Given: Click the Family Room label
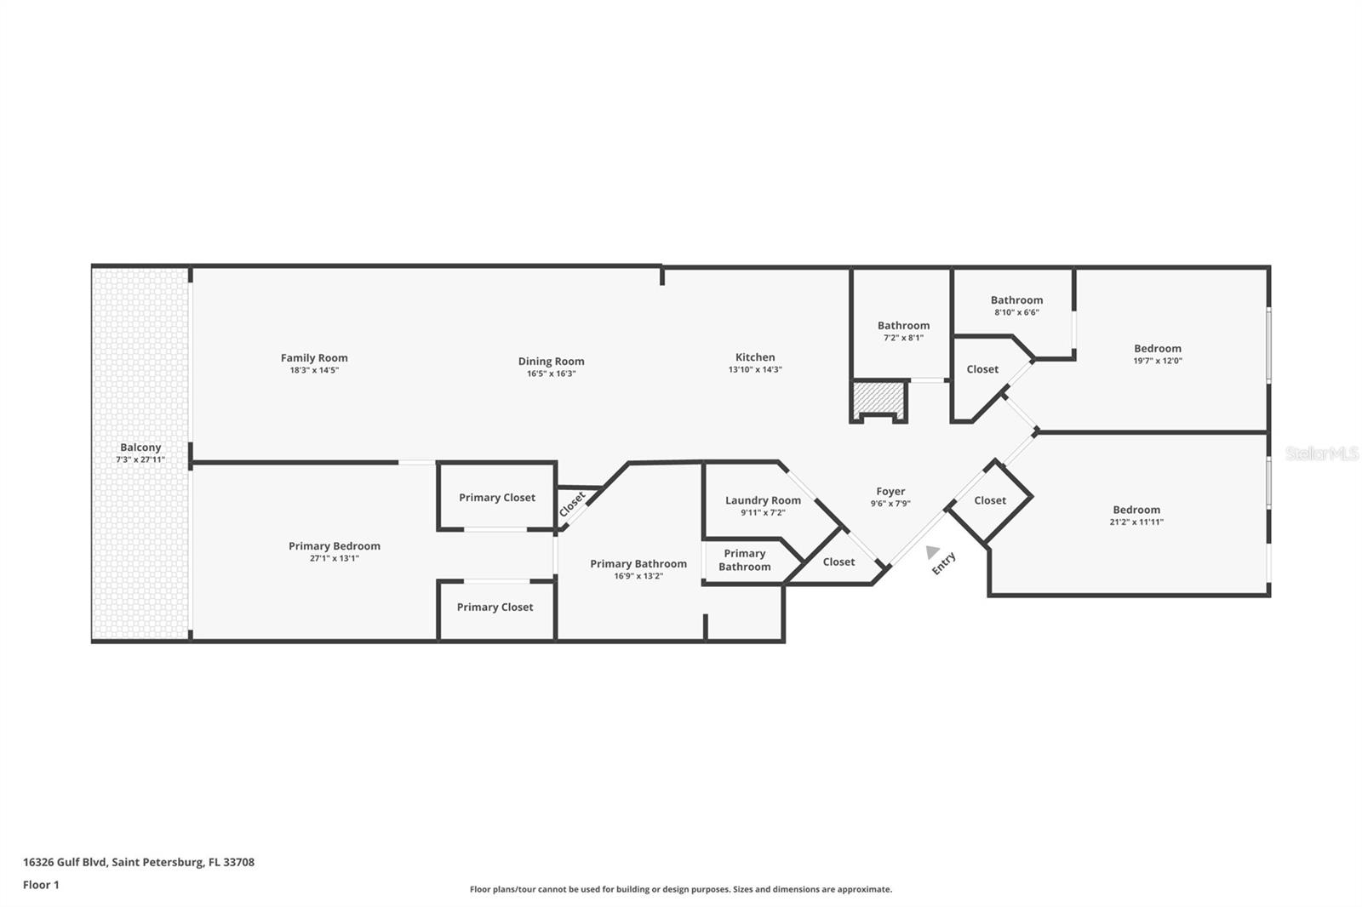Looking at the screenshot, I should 314,358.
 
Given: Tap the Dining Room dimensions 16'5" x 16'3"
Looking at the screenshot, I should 551,374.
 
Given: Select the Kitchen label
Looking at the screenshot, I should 755,357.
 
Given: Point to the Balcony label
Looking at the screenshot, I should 140,448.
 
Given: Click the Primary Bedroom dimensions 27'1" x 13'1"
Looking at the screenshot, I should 334,559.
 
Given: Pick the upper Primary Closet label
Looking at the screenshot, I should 497,498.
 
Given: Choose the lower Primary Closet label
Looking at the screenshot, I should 495,608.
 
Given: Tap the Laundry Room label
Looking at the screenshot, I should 763,500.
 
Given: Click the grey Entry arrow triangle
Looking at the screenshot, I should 932,552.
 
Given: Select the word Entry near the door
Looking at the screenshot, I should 944,563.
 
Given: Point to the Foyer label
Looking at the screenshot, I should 890,492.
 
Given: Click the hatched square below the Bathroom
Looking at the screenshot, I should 879,397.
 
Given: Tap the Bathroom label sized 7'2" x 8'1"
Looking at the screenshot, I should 903,326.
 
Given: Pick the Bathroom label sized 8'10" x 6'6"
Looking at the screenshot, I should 1016,300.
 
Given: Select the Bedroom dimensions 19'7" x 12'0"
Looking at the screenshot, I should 1157,361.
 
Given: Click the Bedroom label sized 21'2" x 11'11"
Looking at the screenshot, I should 1136,510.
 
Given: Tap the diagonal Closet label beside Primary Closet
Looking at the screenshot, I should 572,505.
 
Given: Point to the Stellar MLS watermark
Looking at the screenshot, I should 1322,454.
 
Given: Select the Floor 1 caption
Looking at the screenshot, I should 41,885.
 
